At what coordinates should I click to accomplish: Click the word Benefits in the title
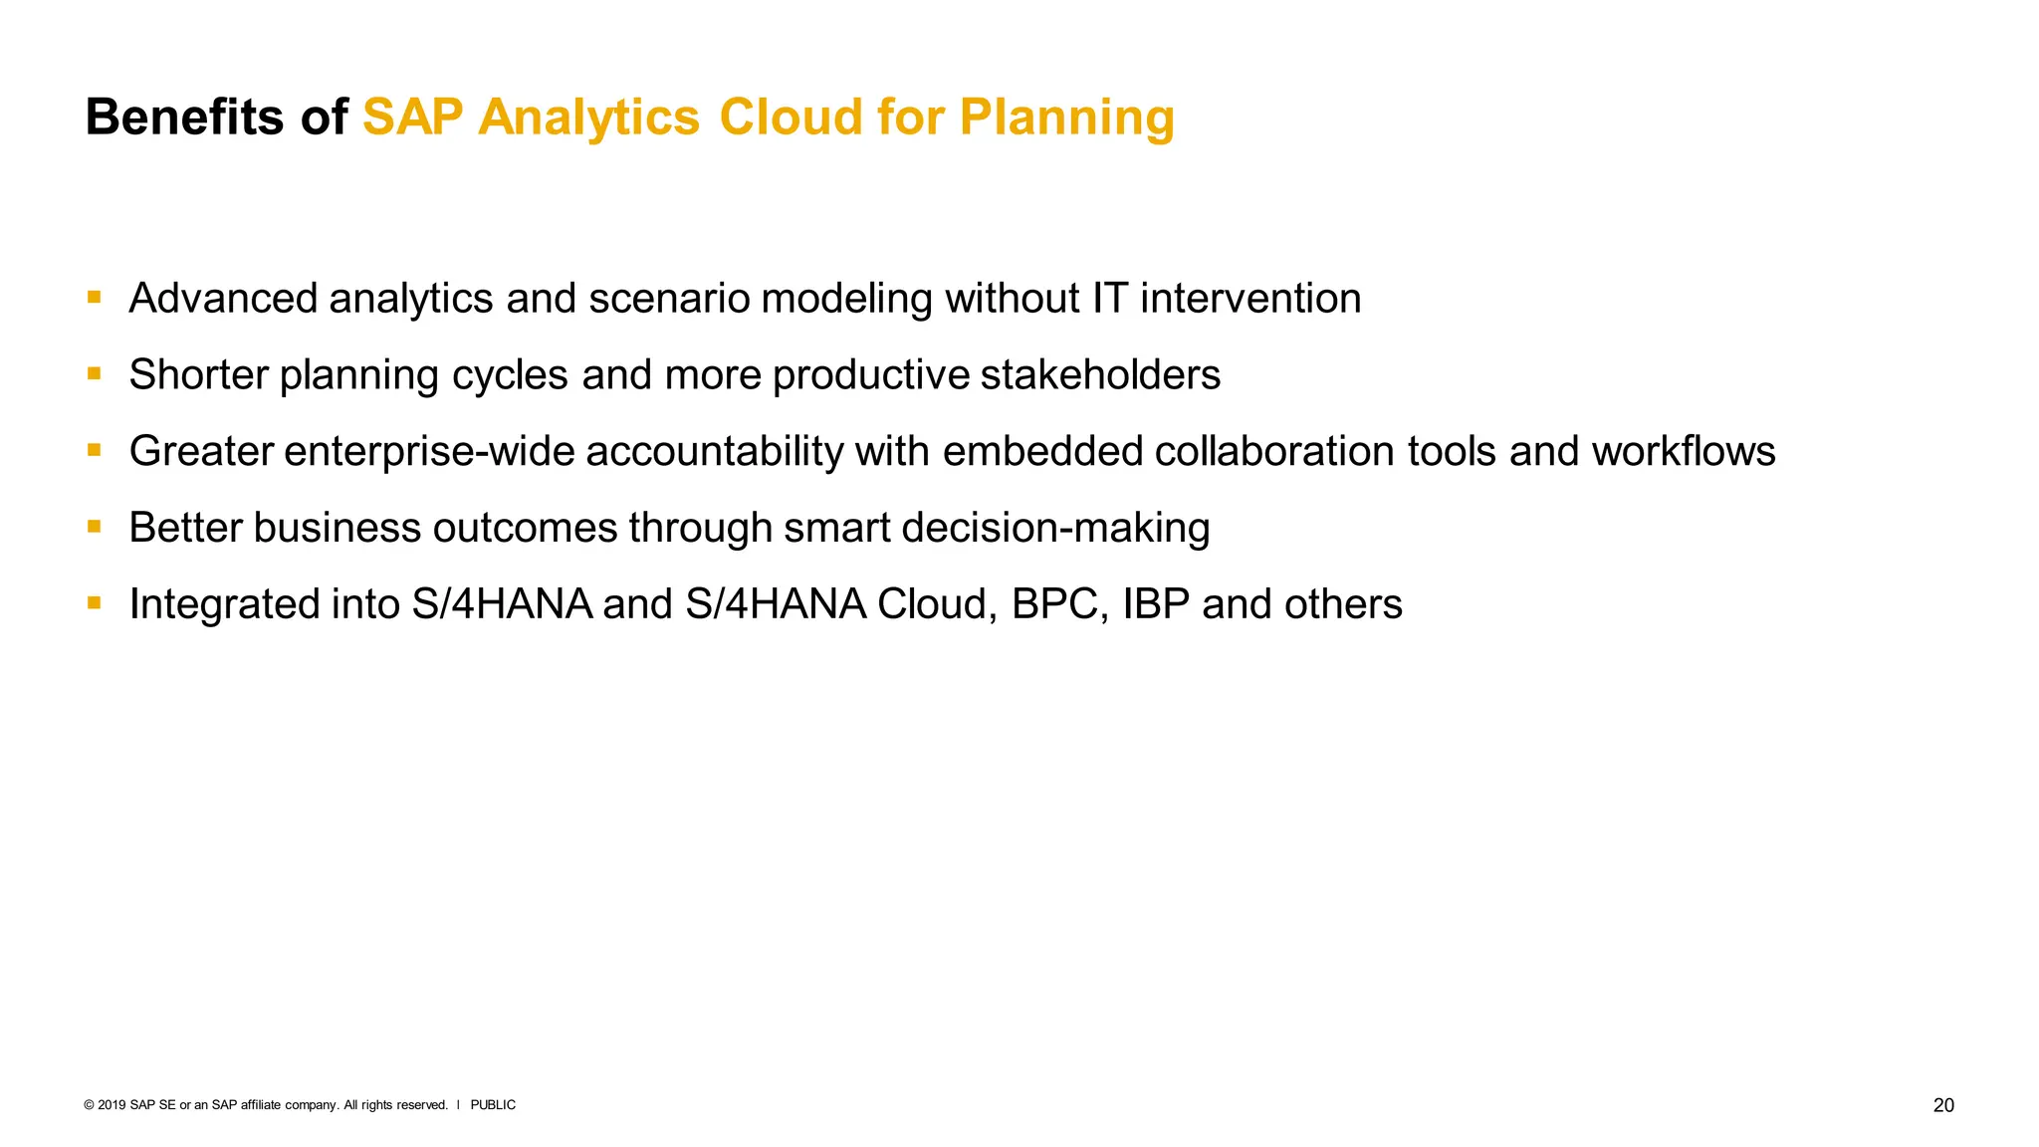[184, 116]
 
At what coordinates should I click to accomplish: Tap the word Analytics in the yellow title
[588, 116]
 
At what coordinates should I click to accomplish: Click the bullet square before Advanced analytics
[95, 297]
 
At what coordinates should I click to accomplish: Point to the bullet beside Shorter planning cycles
[95, 373]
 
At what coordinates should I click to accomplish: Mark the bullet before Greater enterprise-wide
[95, 450]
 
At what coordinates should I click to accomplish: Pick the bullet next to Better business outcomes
[95, 526]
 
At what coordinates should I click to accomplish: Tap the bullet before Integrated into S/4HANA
[95, 602]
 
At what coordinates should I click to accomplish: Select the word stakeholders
[1100, 374]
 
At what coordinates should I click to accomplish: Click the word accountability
[715, 451]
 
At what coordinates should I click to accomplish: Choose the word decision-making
[1055, 528]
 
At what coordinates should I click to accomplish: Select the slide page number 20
[1942, 1105]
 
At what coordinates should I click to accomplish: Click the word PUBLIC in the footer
[493, 1105]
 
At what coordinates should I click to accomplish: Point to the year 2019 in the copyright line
[112, 1105]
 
